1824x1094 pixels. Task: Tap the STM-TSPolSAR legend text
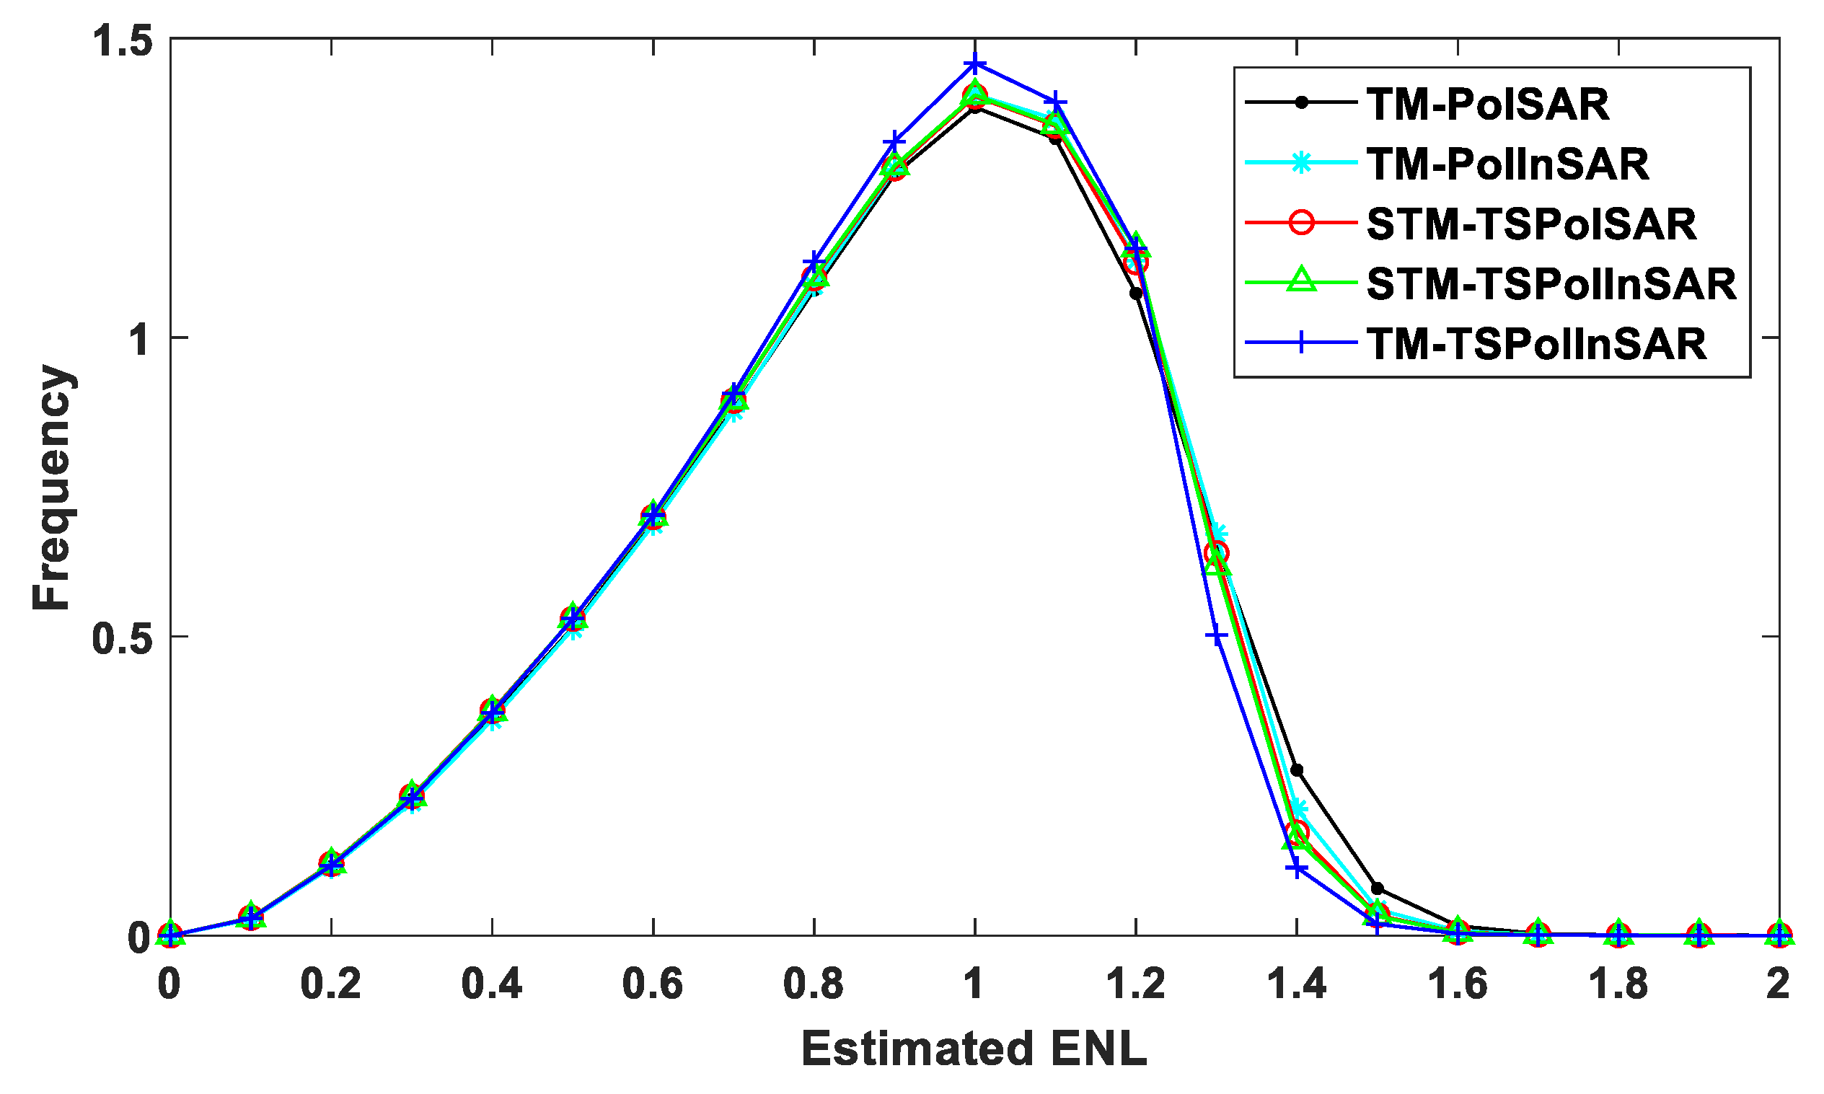pyautogui.click(x=1531, y=224)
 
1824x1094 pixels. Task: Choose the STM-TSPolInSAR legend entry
pyautogui.click(x=1551, y=284)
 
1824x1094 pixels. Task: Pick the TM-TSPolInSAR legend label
pyautogui.click(x=1536, y=343)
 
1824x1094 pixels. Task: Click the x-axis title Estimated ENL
pyautogui.click(x=974, y=1049)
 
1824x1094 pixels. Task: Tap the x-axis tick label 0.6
pyautogui.click(x=653, y=984)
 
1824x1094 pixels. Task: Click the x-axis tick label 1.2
pyautogui.click(x=1135, y=984)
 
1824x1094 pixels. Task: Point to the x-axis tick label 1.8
pyautogui.click(x=1618, y=984)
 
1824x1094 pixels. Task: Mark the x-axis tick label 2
pyautogui.click(x=1779, y=984)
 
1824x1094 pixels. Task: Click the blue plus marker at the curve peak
pyautogui.click(x=974, y=64)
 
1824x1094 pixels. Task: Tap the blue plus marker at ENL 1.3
pyautogui.click(x=1217, y=635)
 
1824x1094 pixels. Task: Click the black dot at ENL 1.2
pyautogui.click(x=1136, y=294)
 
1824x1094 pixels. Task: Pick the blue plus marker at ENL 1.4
pyautogui.click(x=1297, y=868)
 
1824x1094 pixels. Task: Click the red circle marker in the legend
pyautogui.click(x=1301, y=223)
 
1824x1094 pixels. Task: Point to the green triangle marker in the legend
pyautogui.click(x=1301, y=283)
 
